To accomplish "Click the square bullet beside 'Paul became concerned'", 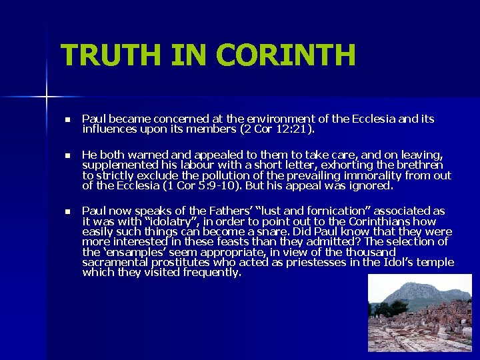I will tap(67, 120).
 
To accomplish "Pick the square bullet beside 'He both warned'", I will tap(67, 155).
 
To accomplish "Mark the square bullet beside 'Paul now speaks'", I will tap(67, 211).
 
